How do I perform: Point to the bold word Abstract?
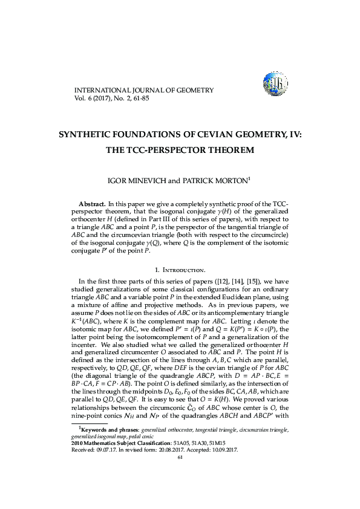[x=93, y=201]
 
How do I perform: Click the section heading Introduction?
[x=183, y=268]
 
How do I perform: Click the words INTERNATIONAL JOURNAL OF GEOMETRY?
[x=143, y=90]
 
